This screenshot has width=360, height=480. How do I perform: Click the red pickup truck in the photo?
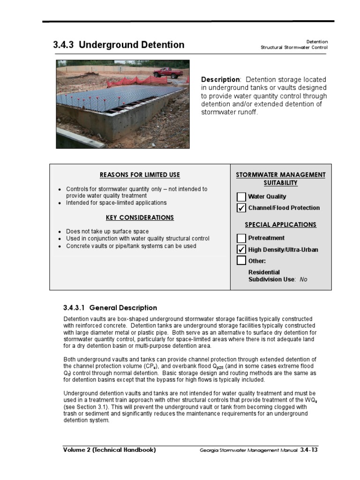[168, 73]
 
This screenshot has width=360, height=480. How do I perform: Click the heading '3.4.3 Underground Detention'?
[119, 45]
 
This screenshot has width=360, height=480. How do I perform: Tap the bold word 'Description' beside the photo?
[220, 80]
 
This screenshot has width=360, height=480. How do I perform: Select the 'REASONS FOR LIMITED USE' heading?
[140, 175]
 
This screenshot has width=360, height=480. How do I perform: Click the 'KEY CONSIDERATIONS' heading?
[140, 217]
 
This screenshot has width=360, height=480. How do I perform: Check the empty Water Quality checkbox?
[241, 197]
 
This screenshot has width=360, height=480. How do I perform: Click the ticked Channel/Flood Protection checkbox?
[241, 208]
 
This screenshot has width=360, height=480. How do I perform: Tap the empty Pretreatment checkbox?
[241, 238]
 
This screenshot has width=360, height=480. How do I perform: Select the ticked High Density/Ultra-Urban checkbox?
[241, 249]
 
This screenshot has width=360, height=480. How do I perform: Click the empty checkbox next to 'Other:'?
[241, 261]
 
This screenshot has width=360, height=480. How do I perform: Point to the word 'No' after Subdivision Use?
[303, 279]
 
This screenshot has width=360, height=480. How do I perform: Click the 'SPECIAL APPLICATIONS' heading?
[280, 225]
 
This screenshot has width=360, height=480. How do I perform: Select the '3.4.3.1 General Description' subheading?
[110, 308]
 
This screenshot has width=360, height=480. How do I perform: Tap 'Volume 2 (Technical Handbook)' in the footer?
[110, 450]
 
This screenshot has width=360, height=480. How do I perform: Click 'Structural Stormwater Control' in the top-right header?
[294, 48]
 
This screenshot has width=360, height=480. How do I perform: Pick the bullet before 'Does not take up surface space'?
[60, 232]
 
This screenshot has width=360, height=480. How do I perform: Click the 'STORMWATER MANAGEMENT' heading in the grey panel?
[280, 175]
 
